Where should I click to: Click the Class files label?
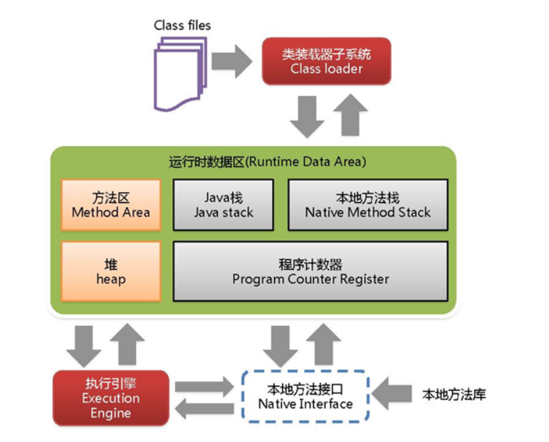tap(182, 26)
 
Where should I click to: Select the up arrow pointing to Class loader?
tap(350, 114)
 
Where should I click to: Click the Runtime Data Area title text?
tap(268, 162)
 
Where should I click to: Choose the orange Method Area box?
tap(110, 204)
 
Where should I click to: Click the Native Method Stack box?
tap(367, 204)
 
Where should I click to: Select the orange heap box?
tap(110, 271)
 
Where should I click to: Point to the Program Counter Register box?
tap(310, 271)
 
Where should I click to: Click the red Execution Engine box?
tap(110, 398)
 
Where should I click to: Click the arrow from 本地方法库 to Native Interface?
tap(392, 394)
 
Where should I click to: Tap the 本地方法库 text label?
tap(454, 394)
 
